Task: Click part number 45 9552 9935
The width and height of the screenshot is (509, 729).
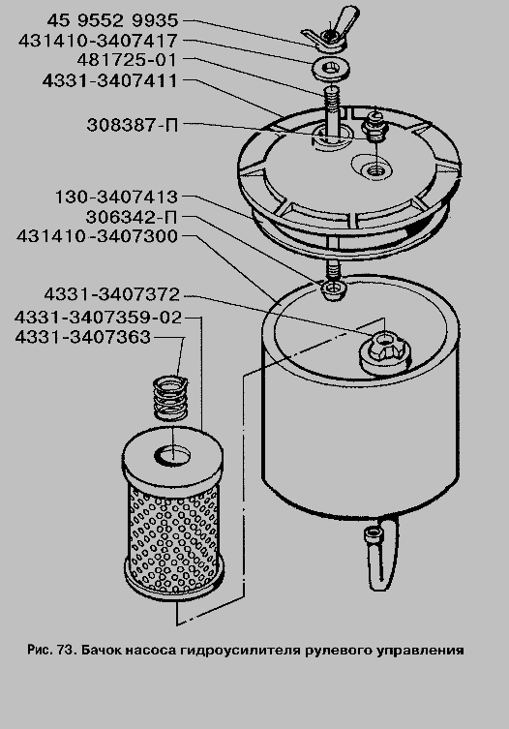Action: point(112,20)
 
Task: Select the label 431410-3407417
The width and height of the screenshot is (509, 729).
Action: point(98,41)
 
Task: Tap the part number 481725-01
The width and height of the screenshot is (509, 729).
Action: point(127,60)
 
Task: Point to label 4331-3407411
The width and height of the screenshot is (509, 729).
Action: point(109,81)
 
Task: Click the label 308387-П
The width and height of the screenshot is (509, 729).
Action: point(133,125)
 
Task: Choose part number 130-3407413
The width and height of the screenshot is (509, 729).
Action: point(116,197)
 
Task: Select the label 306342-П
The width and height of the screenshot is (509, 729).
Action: point(132,217)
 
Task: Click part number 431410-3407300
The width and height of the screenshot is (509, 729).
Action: point(98,236)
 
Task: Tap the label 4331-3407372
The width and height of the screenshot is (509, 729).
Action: point(111,294)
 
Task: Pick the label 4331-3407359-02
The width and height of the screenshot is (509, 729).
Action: point(98,318)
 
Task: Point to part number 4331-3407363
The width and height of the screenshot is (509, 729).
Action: point(83,337)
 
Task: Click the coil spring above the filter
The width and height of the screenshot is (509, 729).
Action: point(170,398)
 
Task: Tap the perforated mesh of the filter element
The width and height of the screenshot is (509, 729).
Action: point(172,534)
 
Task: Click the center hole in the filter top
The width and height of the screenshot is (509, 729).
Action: point(172,454)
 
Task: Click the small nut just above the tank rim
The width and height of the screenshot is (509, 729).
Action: point(333,289)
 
